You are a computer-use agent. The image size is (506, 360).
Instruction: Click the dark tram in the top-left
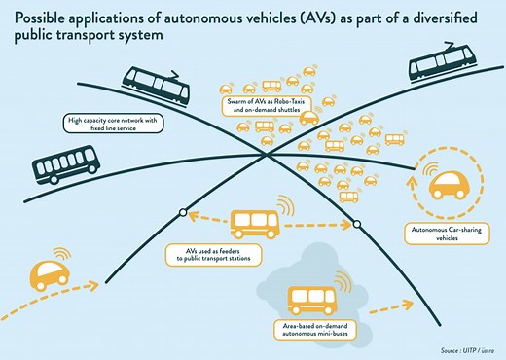pos(156,90)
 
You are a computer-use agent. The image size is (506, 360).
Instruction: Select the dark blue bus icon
pos(64,163)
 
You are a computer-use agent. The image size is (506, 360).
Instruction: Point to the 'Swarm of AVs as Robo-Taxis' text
pos(256,103)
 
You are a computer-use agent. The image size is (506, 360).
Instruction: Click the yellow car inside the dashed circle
pos(449,185)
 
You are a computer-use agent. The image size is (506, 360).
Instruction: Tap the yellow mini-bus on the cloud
pos(311,299)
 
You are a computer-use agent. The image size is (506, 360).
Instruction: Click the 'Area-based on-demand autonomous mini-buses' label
pos(307,328)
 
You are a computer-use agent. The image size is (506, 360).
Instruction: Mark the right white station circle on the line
pos(357,225)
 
